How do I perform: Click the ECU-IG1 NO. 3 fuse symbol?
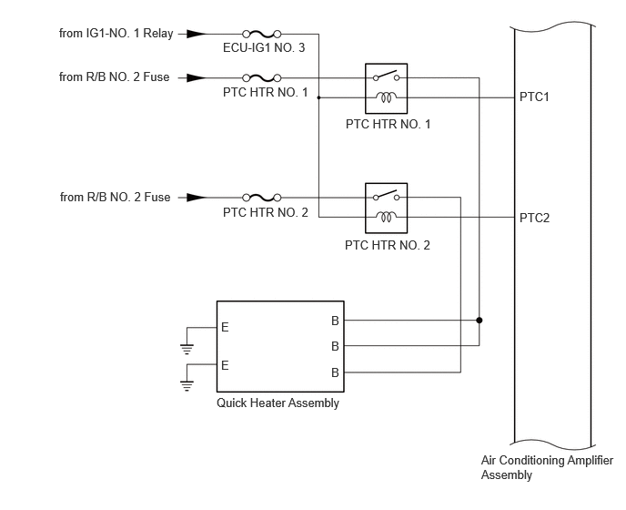[262, 34]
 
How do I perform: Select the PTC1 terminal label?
[534, 97]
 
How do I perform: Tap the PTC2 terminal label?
[535, 218]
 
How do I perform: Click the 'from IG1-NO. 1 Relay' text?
[116, 33]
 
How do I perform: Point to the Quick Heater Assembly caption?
[278, 403]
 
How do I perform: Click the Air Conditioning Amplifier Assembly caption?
[547, 467]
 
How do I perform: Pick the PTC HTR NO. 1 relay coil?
[386, 97]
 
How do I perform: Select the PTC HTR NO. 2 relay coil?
[386, 217]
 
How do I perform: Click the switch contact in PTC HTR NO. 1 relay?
[386, 76]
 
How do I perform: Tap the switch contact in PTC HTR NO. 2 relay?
[386, 196]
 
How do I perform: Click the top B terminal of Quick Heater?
[335, 321]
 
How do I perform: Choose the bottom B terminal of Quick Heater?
[335, 372]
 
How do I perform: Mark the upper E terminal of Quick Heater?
[225, 327]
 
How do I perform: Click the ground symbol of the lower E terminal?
[187, 386]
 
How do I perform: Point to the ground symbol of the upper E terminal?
[187, 350]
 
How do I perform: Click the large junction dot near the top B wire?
[480, 321]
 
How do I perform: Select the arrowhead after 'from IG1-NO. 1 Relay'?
[197, 34]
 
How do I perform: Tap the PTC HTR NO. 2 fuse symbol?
[262, 198]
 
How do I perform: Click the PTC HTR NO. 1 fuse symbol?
[262, 78]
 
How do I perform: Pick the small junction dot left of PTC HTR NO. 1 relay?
[318, 97]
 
